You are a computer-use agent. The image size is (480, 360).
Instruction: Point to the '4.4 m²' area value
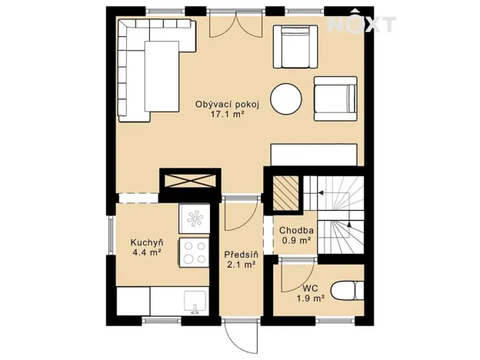pyautogui.click(x=145, y=252)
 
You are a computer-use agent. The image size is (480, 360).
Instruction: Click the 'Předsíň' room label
pyautogui.click(x=239, y=255)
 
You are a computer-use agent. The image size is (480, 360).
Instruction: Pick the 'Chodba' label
pyautogui.click(x=295, y=230)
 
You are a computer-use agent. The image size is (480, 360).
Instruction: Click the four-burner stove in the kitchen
pyautogui.click(x=194, y=252)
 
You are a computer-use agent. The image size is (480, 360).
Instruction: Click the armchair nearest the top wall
pyautogui.click(x=296, y=47)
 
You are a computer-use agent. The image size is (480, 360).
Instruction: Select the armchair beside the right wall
pyautogui.click(x=335, y=98)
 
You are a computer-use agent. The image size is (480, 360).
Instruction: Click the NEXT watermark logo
pyautogui.click(x=362, y=25)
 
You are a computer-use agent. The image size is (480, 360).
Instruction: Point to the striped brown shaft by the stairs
pyautogui.click(x=286, y=193)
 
